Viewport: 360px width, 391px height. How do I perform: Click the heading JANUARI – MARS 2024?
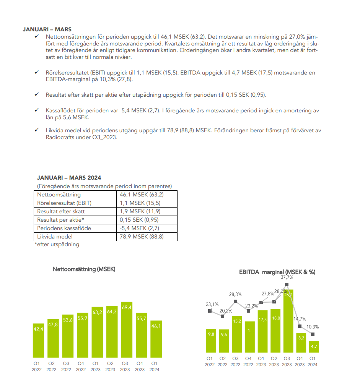click(x=69, y=178)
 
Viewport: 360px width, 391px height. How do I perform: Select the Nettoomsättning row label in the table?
click(x=59, y=195)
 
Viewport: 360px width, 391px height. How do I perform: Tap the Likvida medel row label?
click(x=55, y=237)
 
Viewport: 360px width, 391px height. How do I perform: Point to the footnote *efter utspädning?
click(x=57, y=244)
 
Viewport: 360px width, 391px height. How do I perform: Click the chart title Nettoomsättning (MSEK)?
click(x=84, y=269)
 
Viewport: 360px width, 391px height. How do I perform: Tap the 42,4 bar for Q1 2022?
click(x=38, y=338)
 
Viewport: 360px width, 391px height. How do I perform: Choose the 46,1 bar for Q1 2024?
click(x=156, y=336)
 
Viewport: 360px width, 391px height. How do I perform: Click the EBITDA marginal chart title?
click(x=277, y=272)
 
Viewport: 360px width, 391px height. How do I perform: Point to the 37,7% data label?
click(x=287, y=277)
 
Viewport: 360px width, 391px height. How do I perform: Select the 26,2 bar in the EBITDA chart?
click(x=288, y=321)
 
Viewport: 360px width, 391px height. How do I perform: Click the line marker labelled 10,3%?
click(x=313, y=334)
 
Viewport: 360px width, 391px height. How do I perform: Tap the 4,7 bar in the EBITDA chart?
click(x=313, y=347)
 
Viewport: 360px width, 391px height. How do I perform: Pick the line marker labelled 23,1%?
click(x=210, y=311)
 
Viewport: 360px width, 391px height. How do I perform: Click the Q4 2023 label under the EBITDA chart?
click(x=300, y=362)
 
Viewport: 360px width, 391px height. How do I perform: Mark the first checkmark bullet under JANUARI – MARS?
click(x=36, y=36)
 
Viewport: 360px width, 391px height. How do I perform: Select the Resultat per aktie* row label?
click(x=60, y=220)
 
